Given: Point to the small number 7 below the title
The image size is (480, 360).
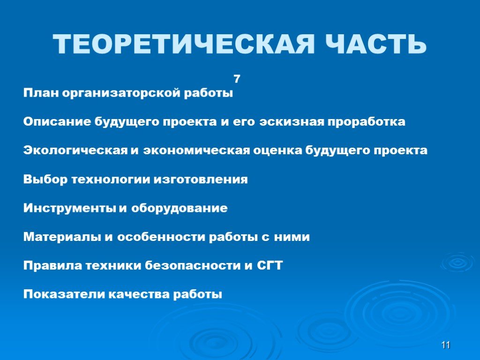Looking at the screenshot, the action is point(237,79).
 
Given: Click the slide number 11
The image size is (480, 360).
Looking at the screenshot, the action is point(446,345).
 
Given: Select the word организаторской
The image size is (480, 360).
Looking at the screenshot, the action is point(121,93).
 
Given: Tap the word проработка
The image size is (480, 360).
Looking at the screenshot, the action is point(367,122).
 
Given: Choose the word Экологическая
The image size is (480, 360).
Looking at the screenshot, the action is point(75,150).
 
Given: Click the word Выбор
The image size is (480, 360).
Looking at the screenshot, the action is point(45,179).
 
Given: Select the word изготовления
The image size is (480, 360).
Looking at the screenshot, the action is point(201,180).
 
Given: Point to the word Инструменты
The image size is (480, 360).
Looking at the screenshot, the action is point(70,209).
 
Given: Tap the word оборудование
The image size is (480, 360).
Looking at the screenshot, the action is point(180,208).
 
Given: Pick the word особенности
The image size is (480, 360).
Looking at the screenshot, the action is point(161,237).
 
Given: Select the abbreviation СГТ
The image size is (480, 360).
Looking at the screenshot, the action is point(270,265).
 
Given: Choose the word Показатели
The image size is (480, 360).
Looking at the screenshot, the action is point(64,294).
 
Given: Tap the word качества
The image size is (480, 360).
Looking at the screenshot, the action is point(139,294).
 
